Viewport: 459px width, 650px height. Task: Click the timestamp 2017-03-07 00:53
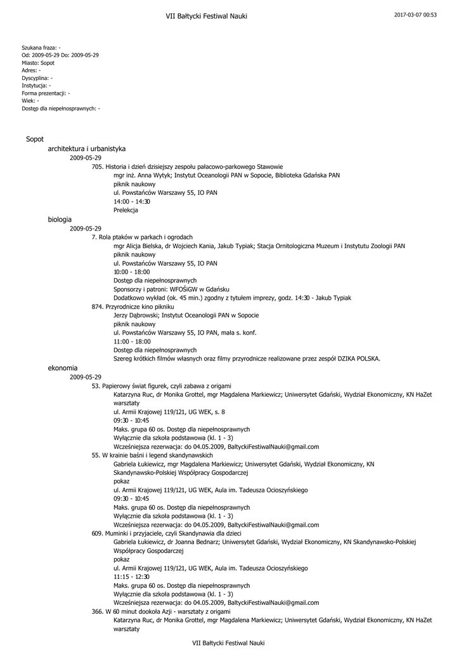tap(415, 15)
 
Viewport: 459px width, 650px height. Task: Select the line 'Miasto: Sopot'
tap(38, 63)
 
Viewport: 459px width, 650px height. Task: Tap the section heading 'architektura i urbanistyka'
tap(86, 149)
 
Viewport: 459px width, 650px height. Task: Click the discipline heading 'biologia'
tap(60, 219)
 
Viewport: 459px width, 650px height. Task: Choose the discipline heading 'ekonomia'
tap(63, 368)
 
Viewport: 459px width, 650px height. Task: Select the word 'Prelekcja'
tap(126, 210)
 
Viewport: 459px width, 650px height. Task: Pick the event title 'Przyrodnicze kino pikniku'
tap(133, 307)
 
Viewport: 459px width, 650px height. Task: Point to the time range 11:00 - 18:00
tap(132, 342)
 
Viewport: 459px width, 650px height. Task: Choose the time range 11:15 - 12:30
tap(132, 576)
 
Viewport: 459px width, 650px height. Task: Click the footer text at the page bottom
tap(228, 643)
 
